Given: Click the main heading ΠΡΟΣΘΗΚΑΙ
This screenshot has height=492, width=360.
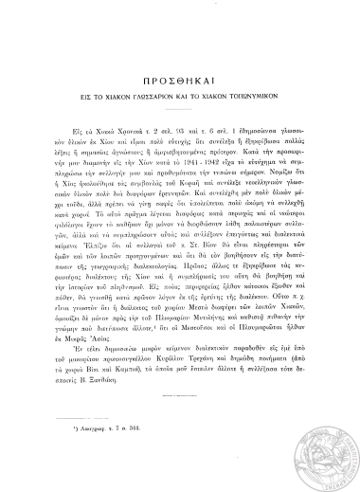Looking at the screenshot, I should point(180,79).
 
